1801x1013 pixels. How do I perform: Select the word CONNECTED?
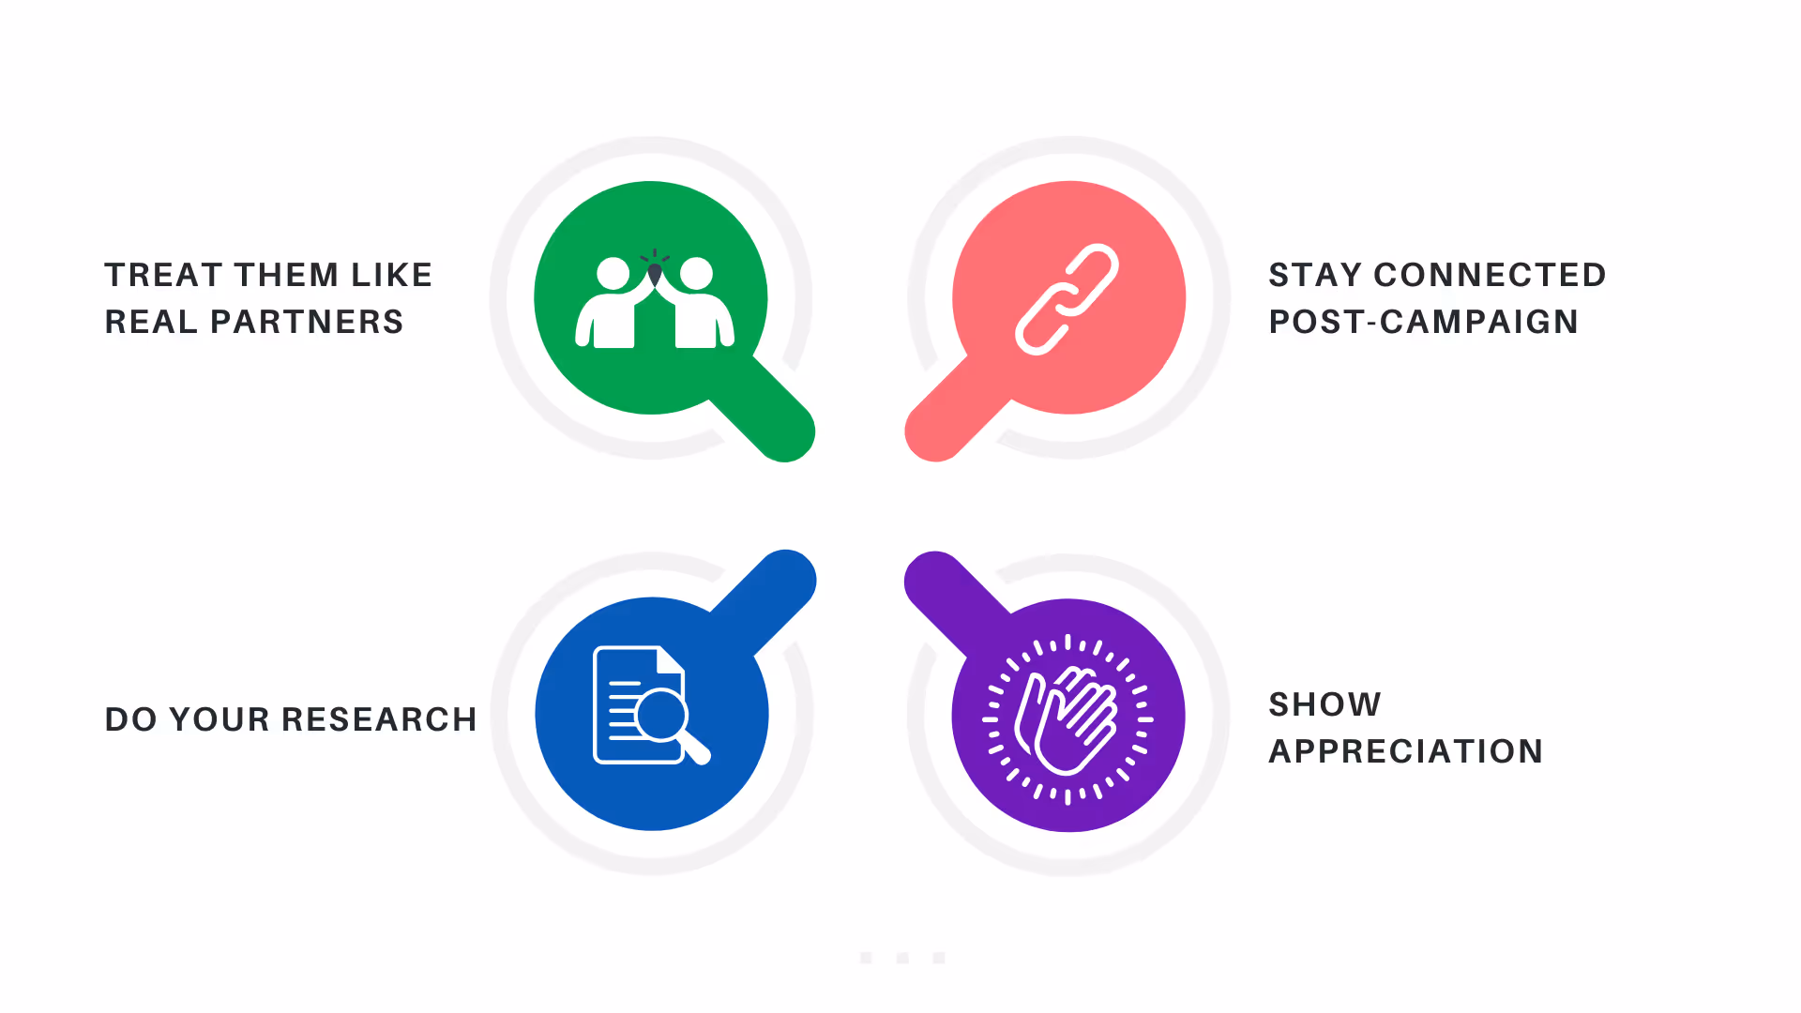(1490, 275)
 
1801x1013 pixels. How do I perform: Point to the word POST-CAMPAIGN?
(1423, 322)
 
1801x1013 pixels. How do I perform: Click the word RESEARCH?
(379, 719)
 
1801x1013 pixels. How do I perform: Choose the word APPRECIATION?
(1405, 751)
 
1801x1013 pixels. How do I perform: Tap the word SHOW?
(1324, 704)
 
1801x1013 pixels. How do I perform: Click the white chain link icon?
(1067, 299)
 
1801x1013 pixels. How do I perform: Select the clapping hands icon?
(1067, 719)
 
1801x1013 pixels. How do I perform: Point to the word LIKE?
(391, 275)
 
